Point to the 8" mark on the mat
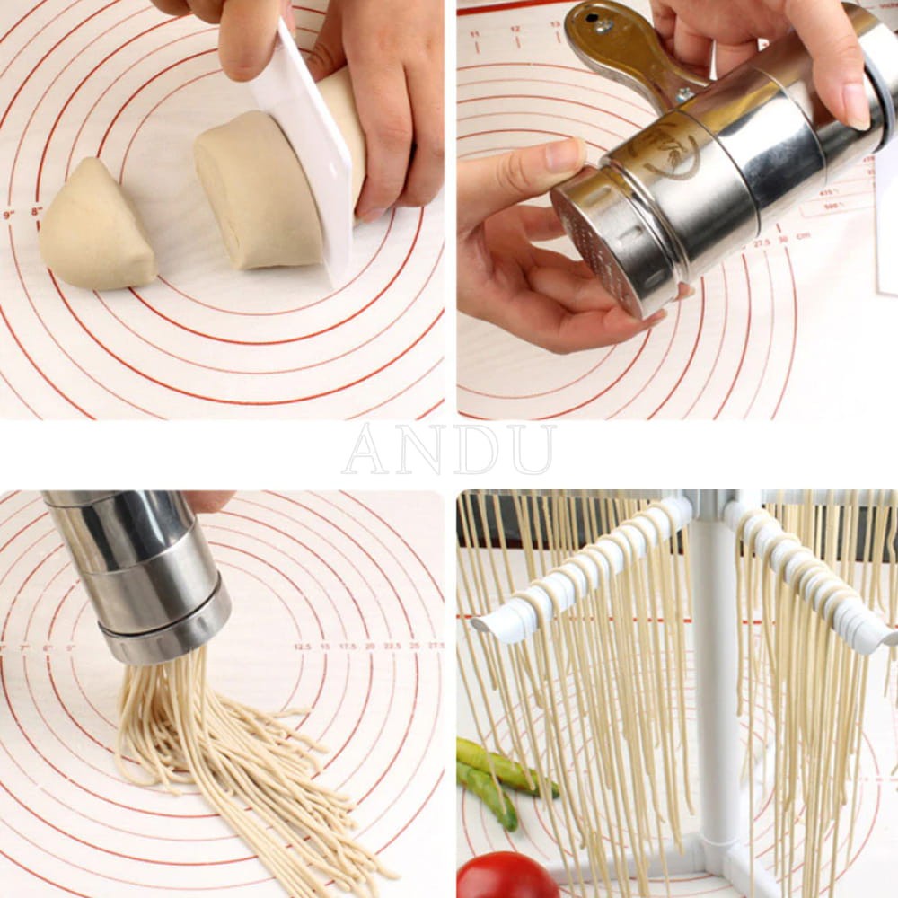[37, 212]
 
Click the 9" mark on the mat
[9, 216]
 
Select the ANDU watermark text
[448, 450]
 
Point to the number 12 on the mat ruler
[515, 29]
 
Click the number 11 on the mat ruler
[473, 33]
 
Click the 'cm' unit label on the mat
[803, 236]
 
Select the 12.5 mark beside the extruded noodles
[302, 646]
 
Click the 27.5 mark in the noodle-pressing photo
[436, 645]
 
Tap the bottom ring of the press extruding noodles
[166, 633]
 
